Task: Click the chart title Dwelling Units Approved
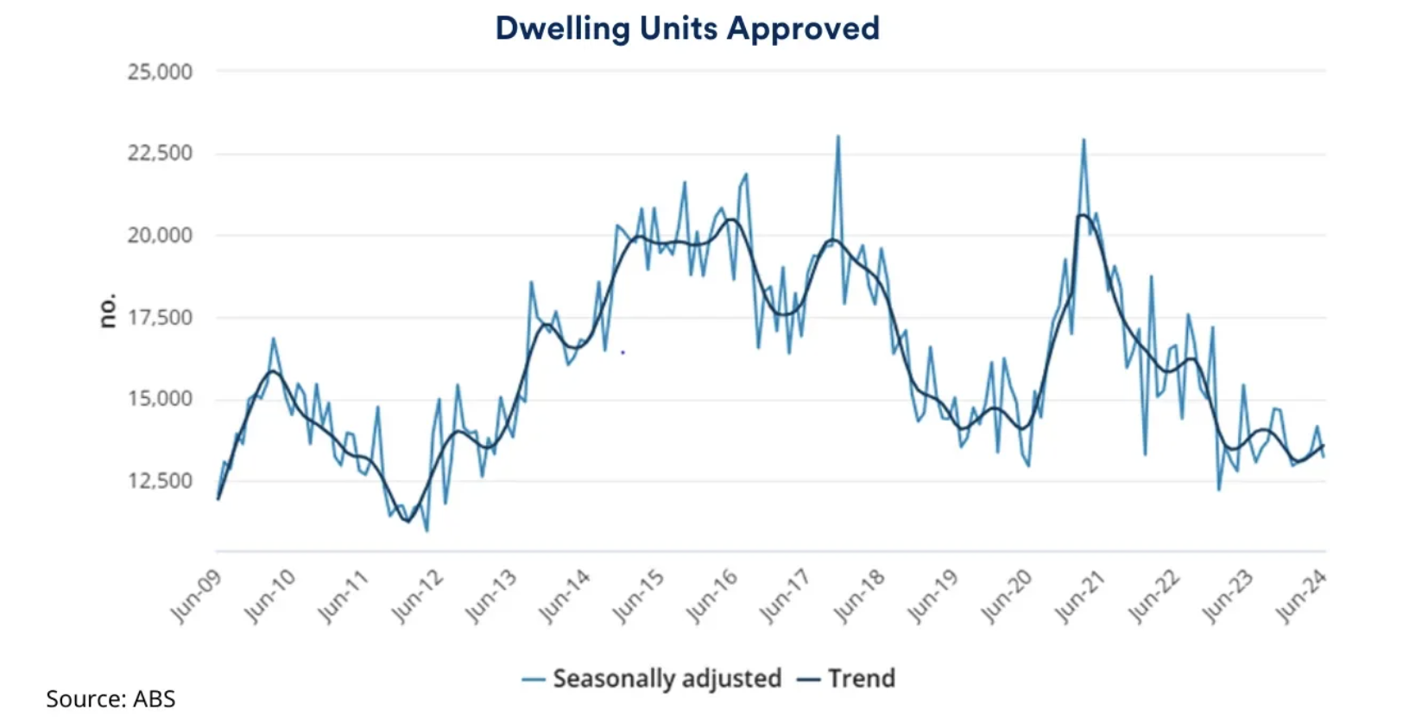point(687,28)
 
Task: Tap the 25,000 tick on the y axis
point(160,72)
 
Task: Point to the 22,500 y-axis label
point(160,154)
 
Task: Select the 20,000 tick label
point(160,235)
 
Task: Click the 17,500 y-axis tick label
point(160,317)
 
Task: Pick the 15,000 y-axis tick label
point(160,399)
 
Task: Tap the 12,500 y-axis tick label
point(160,480)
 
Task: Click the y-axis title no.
point(107,311)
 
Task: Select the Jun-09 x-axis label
point(195,596)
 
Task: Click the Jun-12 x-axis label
point(417,596)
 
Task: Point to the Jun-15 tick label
point(638,596)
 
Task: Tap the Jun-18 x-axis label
point(859,596)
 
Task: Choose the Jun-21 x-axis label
point(1080,596)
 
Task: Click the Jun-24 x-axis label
point(1301,596)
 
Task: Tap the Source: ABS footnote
point(111,699)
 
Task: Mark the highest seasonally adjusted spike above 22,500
point(837,136)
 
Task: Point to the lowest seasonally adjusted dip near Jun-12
point(426,529)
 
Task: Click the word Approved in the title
point(803,28)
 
